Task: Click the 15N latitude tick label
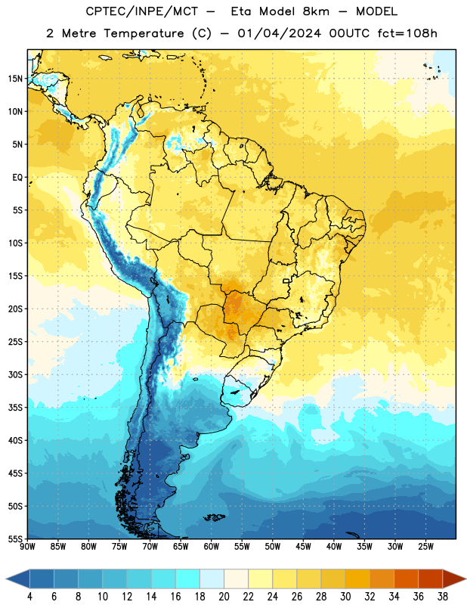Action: pos(15,79)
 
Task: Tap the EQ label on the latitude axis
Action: pos(17,178)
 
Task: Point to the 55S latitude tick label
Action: pos(15,538)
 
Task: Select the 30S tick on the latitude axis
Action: pos(15,374)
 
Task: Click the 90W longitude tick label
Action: pos(27,547)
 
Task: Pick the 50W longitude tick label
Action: pos(272,547)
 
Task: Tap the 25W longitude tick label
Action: pos(425,547)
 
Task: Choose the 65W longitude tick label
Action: pos(181,547)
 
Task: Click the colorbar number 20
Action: pos(224,597)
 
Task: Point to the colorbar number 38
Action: pos(443,597)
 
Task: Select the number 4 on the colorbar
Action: pos(29,597)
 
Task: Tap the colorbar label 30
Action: pos(345,597)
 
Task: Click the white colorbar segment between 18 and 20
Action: pos(212,579)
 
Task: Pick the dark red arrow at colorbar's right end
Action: pos(453,579)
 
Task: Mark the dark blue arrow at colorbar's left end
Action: pos(18,579)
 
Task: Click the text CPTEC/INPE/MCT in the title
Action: pos(142,11)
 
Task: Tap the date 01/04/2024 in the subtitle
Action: pos(279,33)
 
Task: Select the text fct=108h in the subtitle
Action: pos(407,33)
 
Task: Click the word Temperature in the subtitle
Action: pos(144,33)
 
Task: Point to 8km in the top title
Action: pos(316,11)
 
